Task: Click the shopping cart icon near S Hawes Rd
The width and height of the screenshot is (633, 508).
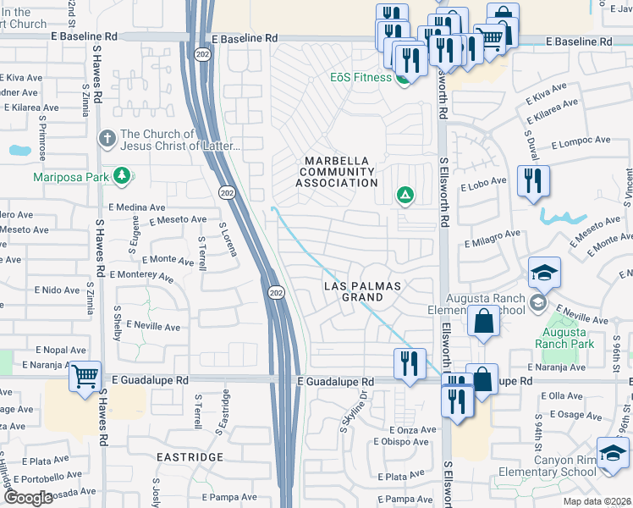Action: pyautogui.click(x=85, y=375)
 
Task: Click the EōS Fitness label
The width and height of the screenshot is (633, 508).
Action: pyautogui.click(x=361, y=78)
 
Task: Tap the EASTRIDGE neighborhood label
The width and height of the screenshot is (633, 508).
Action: pyautogui.click(x=191, y=456)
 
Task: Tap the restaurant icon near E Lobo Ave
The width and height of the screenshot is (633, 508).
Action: pyautogui.click(x=533, y=180)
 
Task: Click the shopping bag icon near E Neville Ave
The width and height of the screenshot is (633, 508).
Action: pyautogui.click(x=483, y=322)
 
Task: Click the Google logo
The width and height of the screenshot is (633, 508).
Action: pyautogui.click(x=28, y=498)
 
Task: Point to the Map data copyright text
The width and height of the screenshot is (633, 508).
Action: pyautogui.click(x=597, y=501)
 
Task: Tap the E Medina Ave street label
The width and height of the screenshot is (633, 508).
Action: pyautogui.click(x=136, y=207)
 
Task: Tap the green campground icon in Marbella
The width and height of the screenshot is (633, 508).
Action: pyautogui.click(x=405, y=196)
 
